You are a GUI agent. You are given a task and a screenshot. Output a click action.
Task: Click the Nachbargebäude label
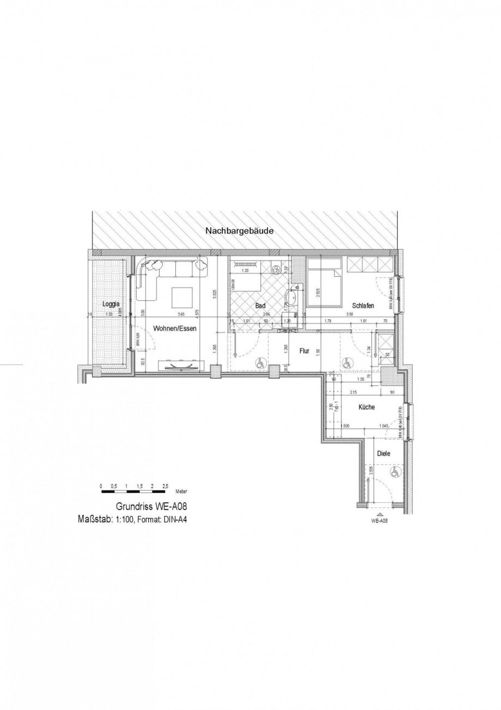pyautogui.click(x=239, y=231)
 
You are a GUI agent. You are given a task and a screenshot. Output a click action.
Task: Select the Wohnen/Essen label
pyautogui.click(x=174, y=329)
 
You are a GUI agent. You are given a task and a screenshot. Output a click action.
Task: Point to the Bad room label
pyautogui.click(x=260, y=306)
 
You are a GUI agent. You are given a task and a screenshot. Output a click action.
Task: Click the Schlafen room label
pyautogui.click(x=363, y=306)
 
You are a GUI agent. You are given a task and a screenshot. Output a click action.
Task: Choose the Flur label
pyautogui.click(x=304, y=351)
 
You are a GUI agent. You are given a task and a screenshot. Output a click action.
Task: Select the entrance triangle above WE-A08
pyautogui.click(x=379, y=514)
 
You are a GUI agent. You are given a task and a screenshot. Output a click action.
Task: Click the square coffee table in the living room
pyautogui.click(x=182, y=298)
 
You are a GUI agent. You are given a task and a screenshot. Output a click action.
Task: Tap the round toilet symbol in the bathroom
pyautogui.click(x=276, y=268)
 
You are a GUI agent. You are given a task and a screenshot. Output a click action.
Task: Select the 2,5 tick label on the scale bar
pyautogui.click(x=166, y=486)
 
